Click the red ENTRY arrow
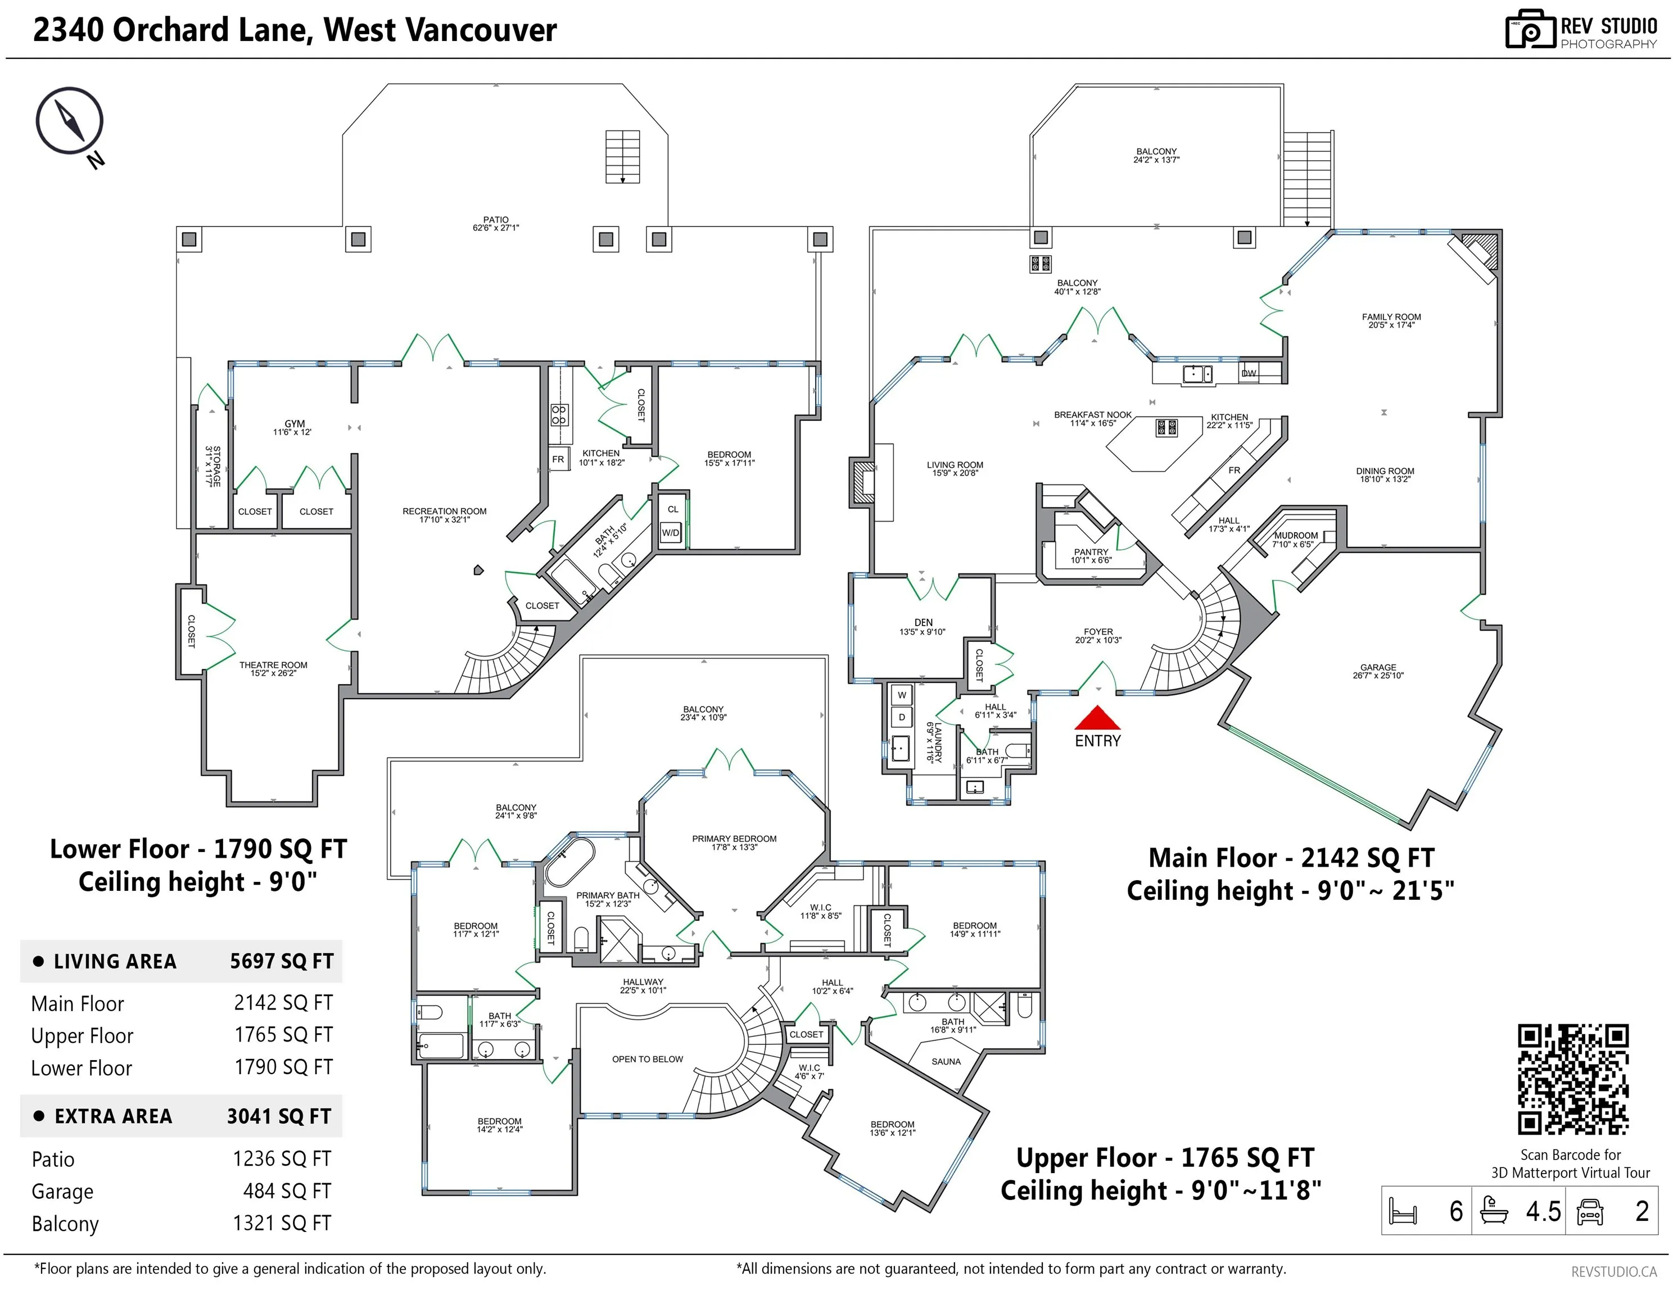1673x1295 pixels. pyautogui.click(x=1098, y=718)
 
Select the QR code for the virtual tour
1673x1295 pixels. pyautogui.click(x=1573, y=1079)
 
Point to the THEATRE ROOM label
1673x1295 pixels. pyautogui.click(x=273, y=665)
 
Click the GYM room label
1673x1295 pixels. pyautogui.click(x=295, y=423)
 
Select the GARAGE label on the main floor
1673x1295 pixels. pyautogui.click(x=1378, y=667)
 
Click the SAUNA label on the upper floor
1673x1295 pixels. pyautogui.click(x=946, y=1061)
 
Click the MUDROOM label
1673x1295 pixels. pyautogui.click(x=1296, y=535)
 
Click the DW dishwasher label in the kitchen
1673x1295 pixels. pyautogui.click(x=1249, y=373)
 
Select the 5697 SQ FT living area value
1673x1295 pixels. pyautogui.click(x=282, y=961)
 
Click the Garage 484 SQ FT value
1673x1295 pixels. pyautogui.click(x=287, y=1191)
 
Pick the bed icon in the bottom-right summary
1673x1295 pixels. pyautogui.click(x=1403, y=1211)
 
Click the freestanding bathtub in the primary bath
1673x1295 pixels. pyautogui.click(x=569, y=862)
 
